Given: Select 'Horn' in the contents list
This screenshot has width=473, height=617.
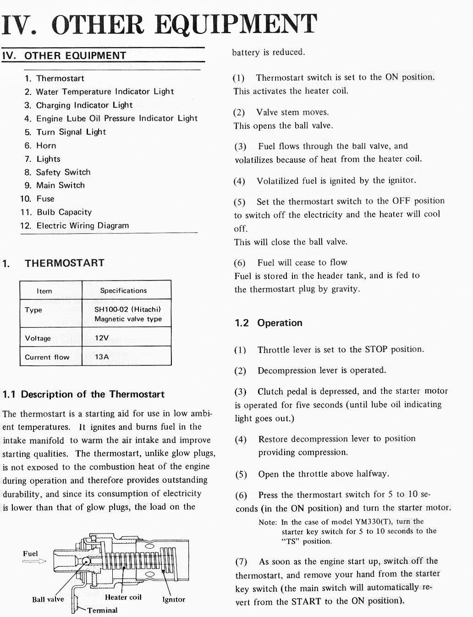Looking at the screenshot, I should pyautogui.click(x=46, y=146).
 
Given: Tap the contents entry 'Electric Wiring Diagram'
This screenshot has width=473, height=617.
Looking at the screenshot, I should pyautogui.click(x=82, y=226).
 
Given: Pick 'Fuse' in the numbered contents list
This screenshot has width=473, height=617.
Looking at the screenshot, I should pyautogui.click(x=45, y=199).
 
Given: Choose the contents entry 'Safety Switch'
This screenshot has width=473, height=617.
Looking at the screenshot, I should pyautogui.click(x=63, y=172).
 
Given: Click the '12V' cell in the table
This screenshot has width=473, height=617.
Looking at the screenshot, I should pyautogui.click(x=102, y=338).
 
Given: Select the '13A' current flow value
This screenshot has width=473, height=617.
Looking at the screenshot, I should pyautogui.click(x=102, y=357).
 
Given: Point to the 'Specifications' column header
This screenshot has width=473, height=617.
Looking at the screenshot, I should pyautogui.click(x=123, y=291).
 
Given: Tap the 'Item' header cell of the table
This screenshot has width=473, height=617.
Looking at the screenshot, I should pyautogui.click(x=44, y=291).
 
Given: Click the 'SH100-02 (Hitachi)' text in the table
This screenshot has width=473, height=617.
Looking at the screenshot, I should pyautogui.click(x=127, y=309).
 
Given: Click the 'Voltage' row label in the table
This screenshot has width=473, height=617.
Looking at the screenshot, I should pyautogui.click(x=38, y=338).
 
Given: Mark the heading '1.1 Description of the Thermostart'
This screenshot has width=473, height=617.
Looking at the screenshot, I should pyautogui.click(x=83, y=394).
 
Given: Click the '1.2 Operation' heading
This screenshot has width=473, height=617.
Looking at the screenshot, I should pyautogui.click(x=269, y=323).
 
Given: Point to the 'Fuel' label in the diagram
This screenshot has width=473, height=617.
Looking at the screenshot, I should pyautogui.click(x=30, y=554).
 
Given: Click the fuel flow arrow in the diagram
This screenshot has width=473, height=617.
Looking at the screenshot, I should pyautogui.click(x=34, y=561).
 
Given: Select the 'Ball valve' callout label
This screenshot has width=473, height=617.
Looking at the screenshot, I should pyautogui.click(x=48, y=600).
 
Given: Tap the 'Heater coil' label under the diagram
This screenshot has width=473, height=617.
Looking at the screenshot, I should pyautogui.click(x=123, y=597).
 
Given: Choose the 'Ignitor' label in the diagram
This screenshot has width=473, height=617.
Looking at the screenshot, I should pyautogui.click(x=174, y=600).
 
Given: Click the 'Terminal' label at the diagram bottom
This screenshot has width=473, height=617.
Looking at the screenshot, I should pyautogui.click(x=102, y=611).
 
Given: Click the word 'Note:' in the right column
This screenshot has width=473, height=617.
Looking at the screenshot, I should pyautogui.click(x=268, y=522).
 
